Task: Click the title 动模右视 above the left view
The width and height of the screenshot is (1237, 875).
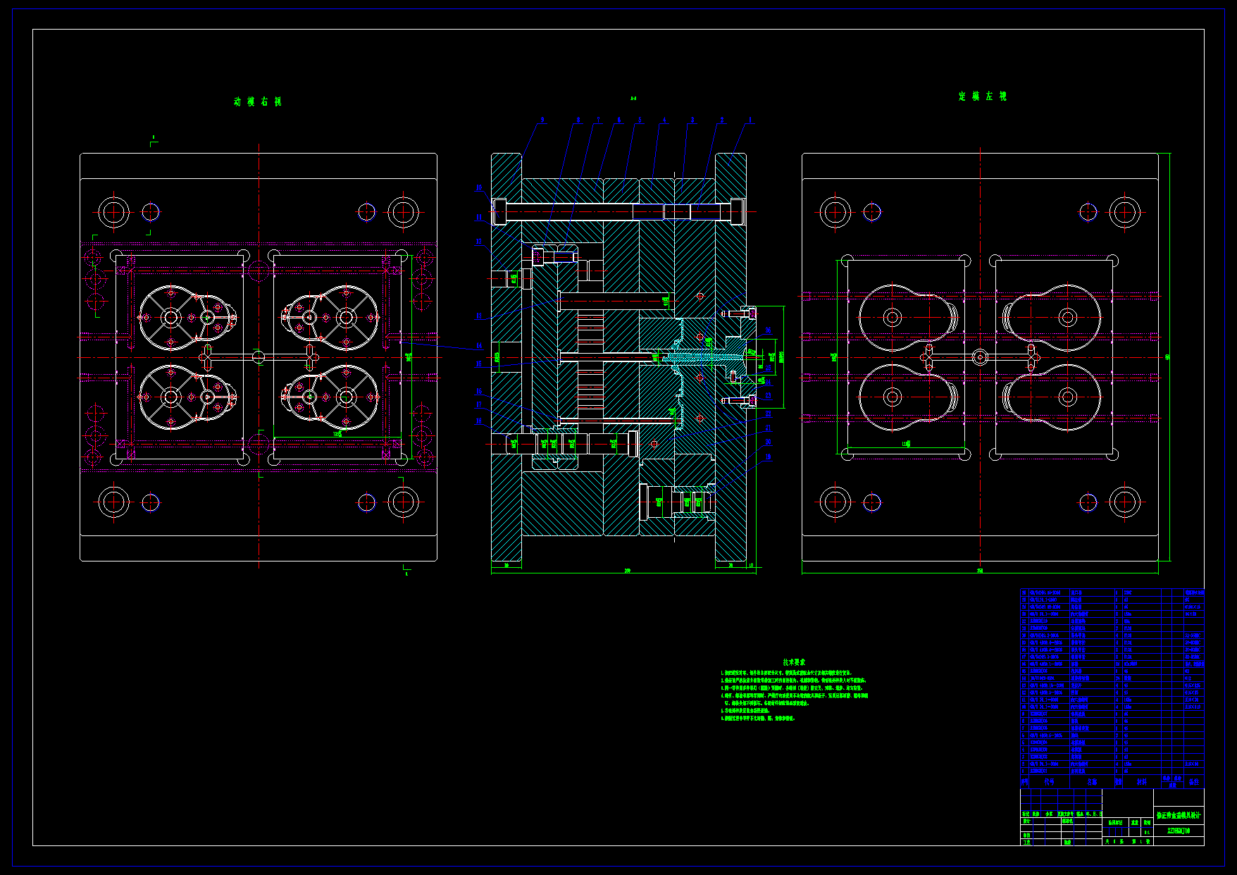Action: [x=258, y=101]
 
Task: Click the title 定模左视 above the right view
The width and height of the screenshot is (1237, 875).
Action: [x=983, y=97]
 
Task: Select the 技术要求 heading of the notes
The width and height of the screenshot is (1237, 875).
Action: [x=794, y=662]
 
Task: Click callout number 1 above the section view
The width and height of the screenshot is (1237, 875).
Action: [x=750, y=120]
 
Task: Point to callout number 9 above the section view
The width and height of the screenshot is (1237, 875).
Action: [x=542, y=120]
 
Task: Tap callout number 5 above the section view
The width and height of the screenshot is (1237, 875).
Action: [x=640, y=120]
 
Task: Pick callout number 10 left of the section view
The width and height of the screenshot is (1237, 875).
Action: [x=479, y=187]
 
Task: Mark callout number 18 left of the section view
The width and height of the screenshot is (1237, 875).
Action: [x=479, y=421]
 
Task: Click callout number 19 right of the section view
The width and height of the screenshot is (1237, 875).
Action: [x=769, y=457]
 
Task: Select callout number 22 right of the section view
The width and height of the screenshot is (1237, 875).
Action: [x=769, y=414]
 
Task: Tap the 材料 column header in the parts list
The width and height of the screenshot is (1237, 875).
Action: [x=1141, y=781]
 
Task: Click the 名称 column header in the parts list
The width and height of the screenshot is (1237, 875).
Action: [x=1092, y=781]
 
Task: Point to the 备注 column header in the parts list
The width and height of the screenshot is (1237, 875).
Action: [x=1193, y=781]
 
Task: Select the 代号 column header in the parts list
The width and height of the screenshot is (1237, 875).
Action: [x=1049, y=781]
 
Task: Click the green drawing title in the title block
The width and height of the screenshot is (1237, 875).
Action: [x=1179, y=815]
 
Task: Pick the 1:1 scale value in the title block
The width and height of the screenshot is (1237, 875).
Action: [x=1147, y=832]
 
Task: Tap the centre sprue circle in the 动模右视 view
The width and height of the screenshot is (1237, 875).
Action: [x=259, y=357]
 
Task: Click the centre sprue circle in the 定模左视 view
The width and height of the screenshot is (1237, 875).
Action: [x=980, y=357]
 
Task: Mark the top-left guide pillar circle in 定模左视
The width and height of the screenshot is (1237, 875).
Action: [x=835, y=212]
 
